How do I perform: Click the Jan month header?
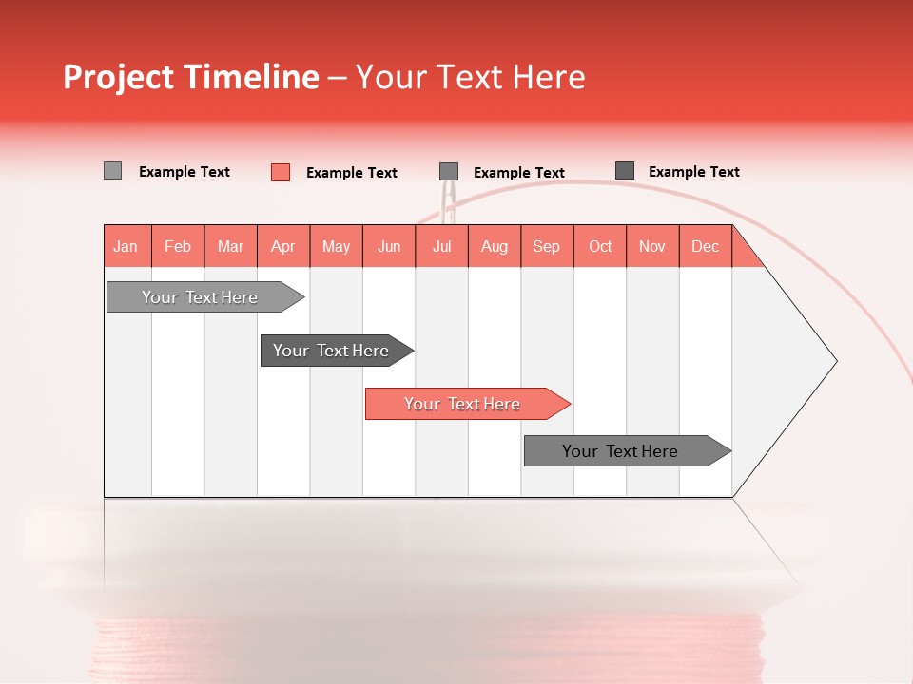coord(126,246)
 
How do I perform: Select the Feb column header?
coord(178,246)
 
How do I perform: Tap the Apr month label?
coord(283,246)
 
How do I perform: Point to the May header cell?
coord(336,246)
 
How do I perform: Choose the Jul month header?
coord(441,246)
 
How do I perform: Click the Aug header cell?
coord(495,246)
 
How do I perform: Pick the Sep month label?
coord(547,246)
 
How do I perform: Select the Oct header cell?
coord(600,246)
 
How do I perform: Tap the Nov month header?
coord(652,246)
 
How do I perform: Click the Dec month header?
coord(706,246)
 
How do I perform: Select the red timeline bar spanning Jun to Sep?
coord(462,404)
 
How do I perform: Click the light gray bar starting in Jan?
coord(200,297)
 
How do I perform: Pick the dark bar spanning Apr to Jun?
coord(331,351)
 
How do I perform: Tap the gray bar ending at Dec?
coord(620,451)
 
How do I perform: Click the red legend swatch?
coord(281,172)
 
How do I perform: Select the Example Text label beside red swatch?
coord(352,173)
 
